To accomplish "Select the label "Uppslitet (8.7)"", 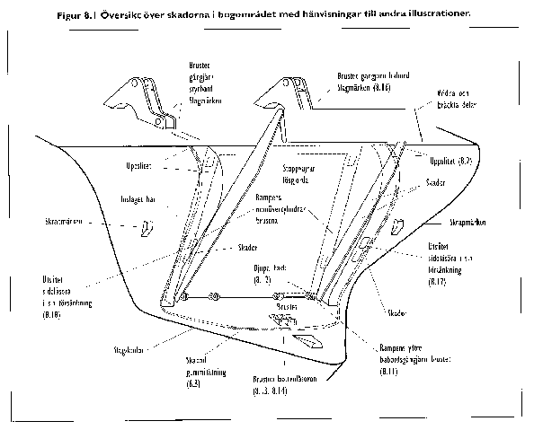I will tap(453, 162).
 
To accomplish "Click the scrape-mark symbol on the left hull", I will tap(144, 230).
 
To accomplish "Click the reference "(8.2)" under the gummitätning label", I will tap(193, 383).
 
